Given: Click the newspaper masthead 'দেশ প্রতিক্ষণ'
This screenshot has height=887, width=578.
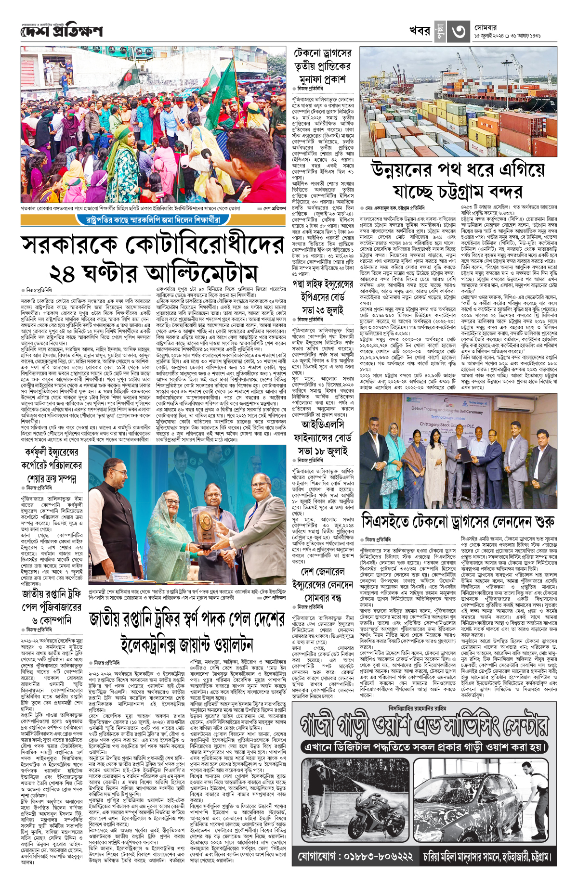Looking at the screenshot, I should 62,31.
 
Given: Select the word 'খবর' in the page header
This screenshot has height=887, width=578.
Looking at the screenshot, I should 420,31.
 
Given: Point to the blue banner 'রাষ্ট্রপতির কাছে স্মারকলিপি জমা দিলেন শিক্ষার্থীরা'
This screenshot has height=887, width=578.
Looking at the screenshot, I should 153,220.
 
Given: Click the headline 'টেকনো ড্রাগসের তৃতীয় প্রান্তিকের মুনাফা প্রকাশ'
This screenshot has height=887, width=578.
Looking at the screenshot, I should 323,66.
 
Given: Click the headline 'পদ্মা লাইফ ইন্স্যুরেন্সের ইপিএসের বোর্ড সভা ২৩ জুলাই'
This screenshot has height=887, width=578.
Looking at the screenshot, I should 323,297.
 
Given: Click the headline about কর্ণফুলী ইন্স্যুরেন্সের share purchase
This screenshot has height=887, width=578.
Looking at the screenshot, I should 53,465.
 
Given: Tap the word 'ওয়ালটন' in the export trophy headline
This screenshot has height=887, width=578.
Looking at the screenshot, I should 223,644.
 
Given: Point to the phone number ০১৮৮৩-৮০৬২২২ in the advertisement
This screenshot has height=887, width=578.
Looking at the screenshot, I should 355,857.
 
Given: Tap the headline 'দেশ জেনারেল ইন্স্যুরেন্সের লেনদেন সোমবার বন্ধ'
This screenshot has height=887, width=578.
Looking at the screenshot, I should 323,585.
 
